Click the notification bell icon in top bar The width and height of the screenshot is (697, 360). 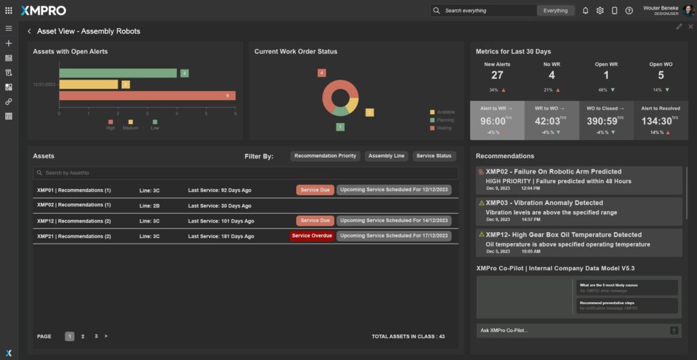[x=585, y=10]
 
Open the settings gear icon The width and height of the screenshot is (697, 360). [x=600, y=10]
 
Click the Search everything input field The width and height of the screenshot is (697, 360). [x=489, y=10]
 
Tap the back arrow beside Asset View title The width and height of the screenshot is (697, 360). [x=29, y=31]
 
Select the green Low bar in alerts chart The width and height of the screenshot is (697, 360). [x=118, y=73]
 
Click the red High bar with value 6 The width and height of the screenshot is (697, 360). [x=147, y=96]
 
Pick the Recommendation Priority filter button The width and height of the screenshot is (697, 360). [x=325, y=156]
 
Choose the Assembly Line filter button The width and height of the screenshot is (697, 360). [x=386, y=156]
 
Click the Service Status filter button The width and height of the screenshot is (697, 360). [x=434, y=156]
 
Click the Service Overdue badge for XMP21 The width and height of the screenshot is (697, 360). [x=312, y=235]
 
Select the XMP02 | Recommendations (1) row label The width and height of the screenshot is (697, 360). [x=74, y=205]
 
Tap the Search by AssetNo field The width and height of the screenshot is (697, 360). [x=245, y=174]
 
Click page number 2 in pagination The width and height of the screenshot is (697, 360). [x=83, y=336]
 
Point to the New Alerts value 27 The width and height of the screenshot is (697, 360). [x=497, y=76]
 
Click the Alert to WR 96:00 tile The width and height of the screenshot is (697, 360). [x=497, y=120]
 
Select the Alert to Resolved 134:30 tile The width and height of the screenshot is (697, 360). [x=660, y=120]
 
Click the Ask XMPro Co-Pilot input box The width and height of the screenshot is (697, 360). [x=572, y=330]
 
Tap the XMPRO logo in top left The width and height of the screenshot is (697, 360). [x=44, y=10]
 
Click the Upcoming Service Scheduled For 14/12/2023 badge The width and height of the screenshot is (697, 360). [x=394, y=220]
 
